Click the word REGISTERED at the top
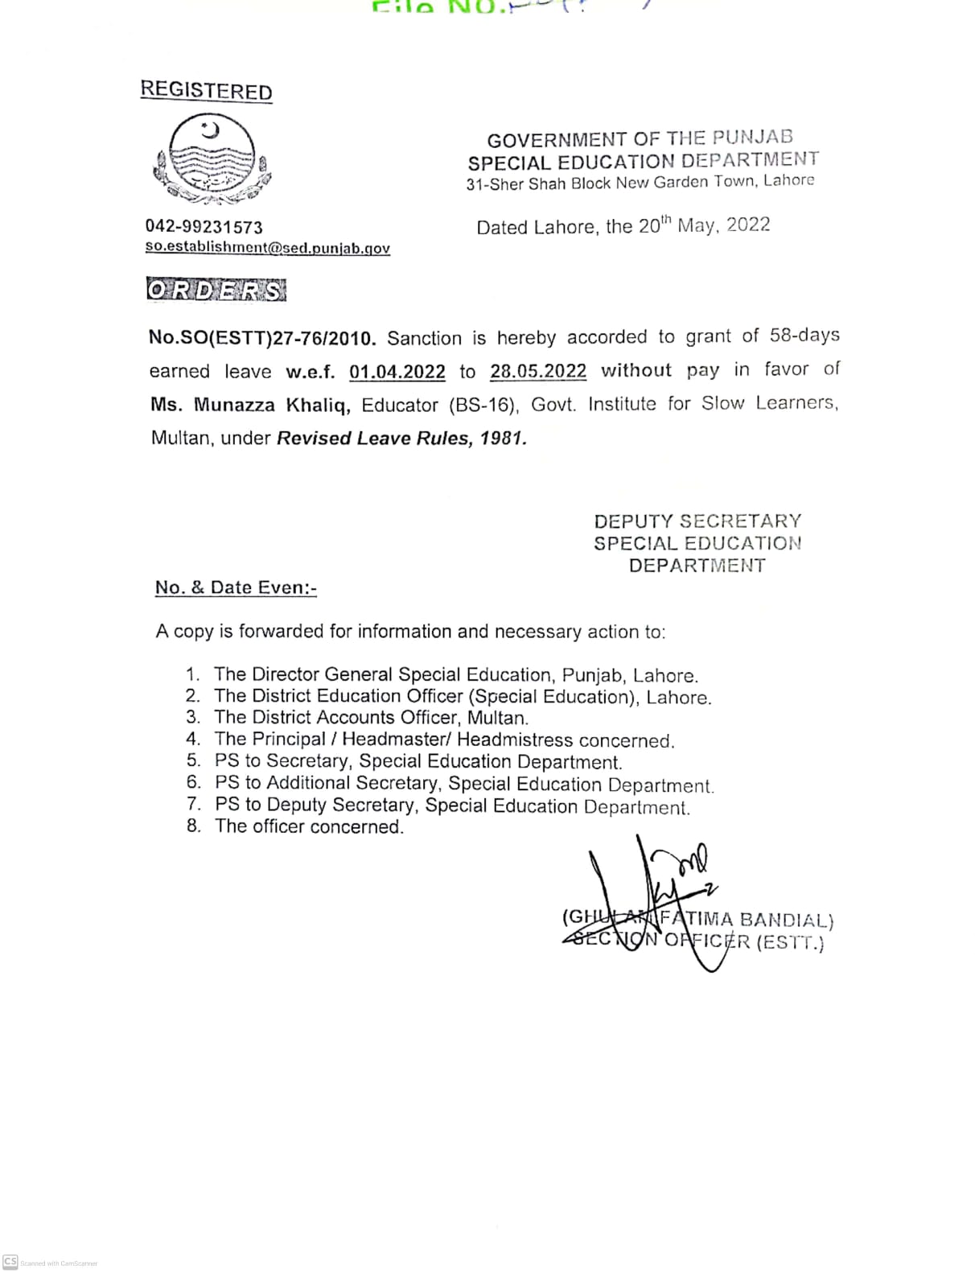click(x=206, y=90)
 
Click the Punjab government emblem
click(x=211, y=159)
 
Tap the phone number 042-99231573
click(x=204, y=227)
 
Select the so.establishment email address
click(x=267, y=248)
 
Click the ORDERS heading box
click(x=216, y=290)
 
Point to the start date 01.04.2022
click(x=397, y=372)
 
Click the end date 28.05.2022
click(x=537, y=371)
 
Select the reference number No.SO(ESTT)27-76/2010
click(x=262, y=338)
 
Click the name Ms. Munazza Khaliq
click(x=250, y=405)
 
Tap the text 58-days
click(x=804, y=335)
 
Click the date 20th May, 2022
click(x=704, y=225)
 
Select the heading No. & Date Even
click(x=236, y=588)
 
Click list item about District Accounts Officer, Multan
click(x=371, y=718)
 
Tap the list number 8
click(x=193, y=826)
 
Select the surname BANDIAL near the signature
click(x=785, y=920)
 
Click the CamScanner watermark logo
click(x=10, y=1262)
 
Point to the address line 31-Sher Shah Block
click(x=640, y=183)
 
